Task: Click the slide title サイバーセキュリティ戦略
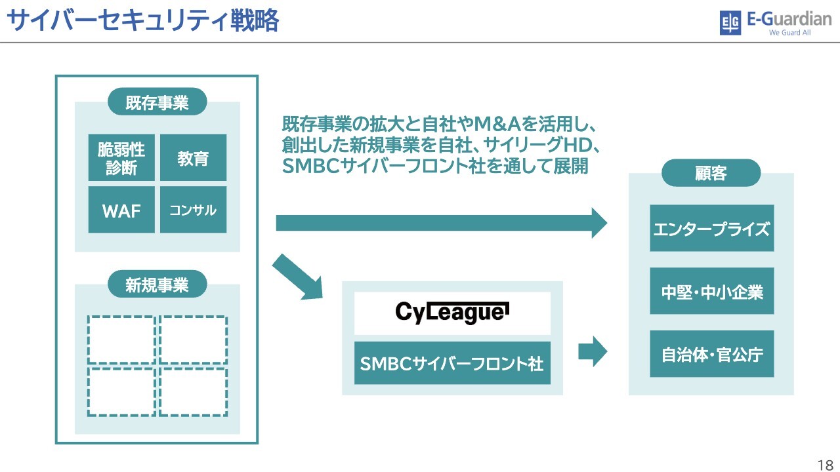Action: [x=142, y=20]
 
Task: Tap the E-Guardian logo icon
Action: [x=730, y=23]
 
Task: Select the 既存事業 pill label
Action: [x=157, y=102]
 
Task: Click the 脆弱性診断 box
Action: [x=121, y=158]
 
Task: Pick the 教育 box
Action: [x=193, y=158]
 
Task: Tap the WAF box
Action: [x=121, y=210]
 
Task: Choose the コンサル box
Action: [x=193, y=210]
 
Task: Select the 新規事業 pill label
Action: [x=157, y=285]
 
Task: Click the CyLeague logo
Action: [x=452, y=313]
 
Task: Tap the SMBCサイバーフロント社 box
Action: [x=452, y=363]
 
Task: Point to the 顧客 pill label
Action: [x=711, y=173]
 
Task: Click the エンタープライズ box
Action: [x=711, y=228]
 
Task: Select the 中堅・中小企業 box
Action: [x=711, y=291]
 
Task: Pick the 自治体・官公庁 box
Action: [x=711, y=354]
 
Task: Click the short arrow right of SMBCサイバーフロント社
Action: [x=593, y=352]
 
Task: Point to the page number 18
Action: [x=825, y=465]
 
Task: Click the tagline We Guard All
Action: [x=789, y=33]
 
